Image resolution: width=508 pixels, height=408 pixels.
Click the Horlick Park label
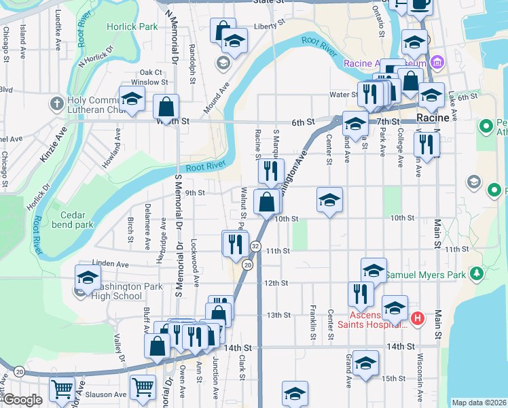[132, 27]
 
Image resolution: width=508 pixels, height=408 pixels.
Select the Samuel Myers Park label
[426, 275]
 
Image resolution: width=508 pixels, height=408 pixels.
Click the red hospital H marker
[417, 318]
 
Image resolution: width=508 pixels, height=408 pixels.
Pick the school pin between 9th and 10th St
[329, 200]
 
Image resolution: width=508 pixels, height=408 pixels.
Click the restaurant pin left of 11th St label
[235, 243]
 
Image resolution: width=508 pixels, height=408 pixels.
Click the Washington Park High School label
[119, 291]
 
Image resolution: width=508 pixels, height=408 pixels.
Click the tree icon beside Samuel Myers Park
[477, 273]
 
